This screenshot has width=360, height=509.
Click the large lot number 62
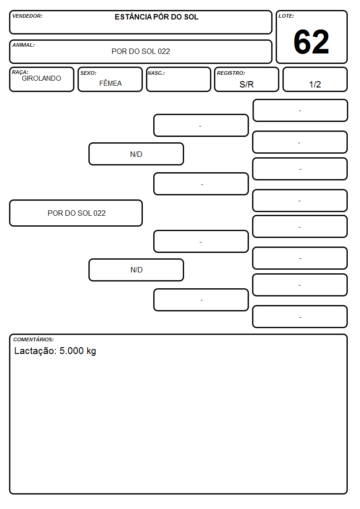[x=311, y=42]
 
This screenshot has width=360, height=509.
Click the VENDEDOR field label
[x=27, y=16]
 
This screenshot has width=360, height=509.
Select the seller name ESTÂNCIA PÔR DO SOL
[x=156, y=17]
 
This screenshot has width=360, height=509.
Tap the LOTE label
[x=286, y=16]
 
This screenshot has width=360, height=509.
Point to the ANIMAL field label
[x=24, y=45]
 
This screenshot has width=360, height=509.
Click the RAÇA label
[x=20, y=72]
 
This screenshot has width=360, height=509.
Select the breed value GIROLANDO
[x=41, y=78]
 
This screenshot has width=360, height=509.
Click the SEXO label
[x=88, y=73]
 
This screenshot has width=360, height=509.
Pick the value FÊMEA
[x=110, y=83]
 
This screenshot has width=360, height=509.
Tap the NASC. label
[x=156, y=73]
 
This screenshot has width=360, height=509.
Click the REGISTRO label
[x=231, y=73]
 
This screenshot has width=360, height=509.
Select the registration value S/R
[x=246, y=84]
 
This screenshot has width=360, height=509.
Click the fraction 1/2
[x=315, y=84]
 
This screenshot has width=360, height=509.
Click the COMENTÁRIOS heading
[x=34, y=339]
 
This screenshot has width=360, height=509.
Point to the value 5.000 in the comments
[x=72, y=351]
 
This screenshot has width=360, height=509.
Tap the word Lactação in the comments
[x=35, y=351]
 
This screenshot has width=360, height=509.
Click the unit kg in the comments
[x=91, y=351]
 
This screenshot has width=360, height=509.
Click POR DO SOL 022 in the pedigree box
[x=77, y=213]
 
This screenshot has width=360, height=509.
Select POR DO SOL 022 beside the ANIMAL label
[x=141, y=51]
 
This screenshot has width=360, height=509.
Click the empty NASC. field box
[x=179, y=79]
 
